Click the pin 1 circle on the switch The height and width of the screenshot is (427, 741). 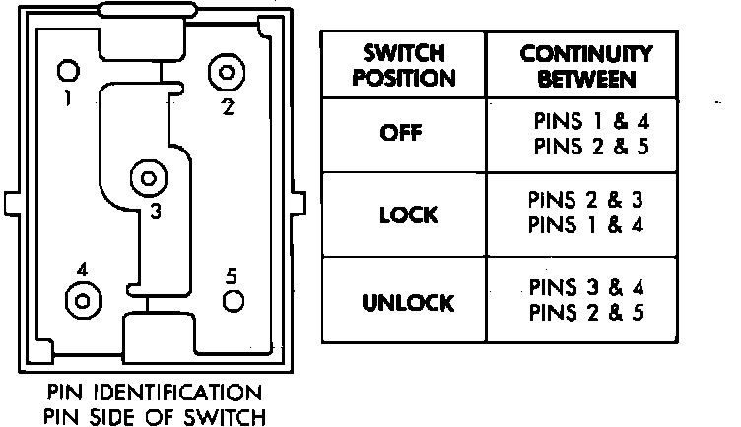pyautogui.click(x=68, y=72)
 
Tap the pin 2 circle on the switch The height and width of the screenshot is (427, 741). pyautogui.click(x=227, y=72)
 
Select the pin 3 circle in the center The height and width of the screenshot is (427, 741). pyautogui.click(x=148, y=179)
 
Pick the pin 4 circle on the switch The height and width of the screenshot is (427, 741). pyautogui.click(x=82, y=298)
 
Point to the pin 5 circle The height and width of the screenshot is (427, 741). pyautogui.click(x=233, y=301)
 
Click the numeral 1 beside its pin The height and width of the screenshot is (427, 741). pyautogui.click(x=65, y=99)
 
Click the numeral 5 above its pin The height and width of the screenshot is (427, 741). pyautogui.click(x=231, y=274)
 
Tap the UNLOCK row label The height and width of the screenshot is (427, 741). pyautogui.click(x=408, y=302)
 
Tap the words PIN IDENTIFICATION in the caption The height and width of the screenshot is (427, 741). pyautogui.click(x=153, y=393)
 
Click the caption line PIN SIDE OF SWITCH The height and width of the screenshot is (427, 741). pyautogui.click(x=153, y=416)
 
